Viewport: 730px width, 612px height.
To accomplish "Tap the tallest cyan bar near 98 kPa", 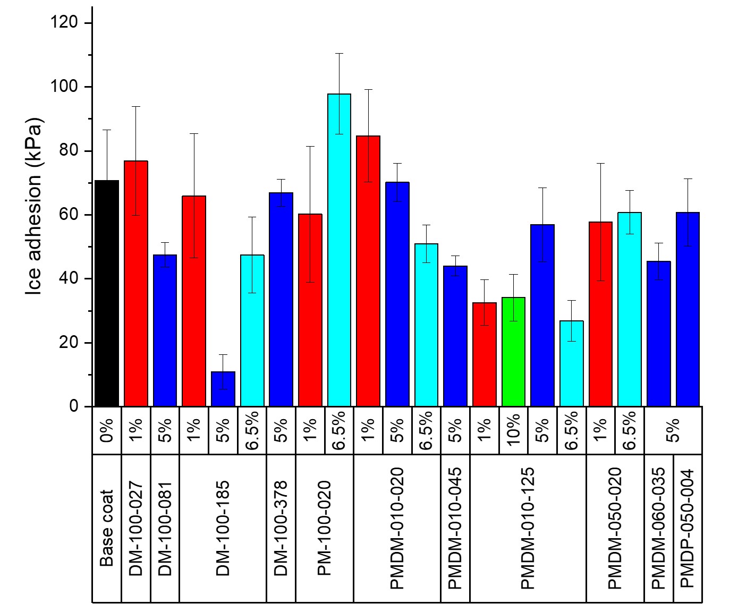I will [339, 250].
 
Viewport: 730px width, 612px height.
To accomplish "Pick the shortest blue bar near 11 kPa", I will [223, 389].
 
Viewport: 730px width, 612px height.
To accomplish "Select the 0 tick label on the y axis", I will [73, 406].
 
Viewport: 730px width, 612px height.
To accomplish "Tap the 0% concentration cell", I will [107, 430].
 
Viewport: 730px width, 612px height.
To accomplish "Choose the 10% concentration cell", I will [513, 430].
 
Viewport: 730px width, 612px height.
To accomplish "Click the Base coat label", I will [107, 528].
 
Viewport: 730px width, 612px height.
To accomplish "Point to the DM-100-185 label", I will [223, 528].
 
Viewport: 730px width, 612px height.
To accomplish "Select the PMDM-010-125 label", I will [528, 528].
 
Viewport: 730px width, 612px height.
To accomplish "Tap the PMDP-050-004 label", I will [687, 528].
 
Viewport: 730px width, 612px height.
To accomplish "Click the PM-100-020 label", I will [325, 528].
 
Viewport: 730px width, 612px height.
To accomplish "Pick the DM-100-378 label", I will [281, 528].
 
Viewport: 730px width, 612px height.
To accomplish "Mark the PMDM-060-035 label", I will [658, 528].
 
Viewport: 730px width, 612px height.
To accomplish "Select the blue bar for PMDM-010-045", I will [455, 336].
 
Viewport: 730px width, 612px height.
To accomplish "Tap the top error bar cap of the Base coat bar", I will [107, 130].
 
